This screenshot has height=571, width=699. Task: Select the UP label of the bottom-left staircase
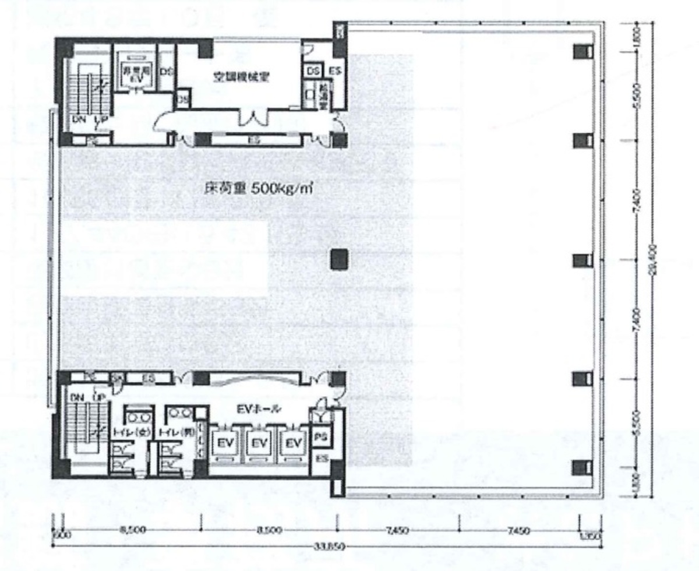click(100, 397)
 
